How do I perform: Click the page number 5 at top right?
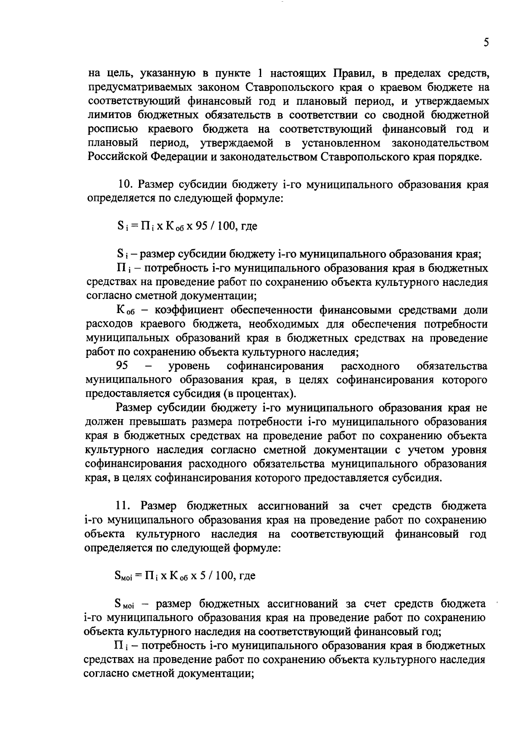tap(486, 43)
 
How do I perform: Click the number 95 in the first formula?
tap(202, 226)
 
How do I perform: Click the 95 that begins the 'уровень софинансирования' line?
tap(123, 367)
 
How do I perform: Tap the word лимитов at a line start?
tap(108, 115)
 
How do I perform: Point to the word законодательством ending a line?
tap(440, 143)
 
